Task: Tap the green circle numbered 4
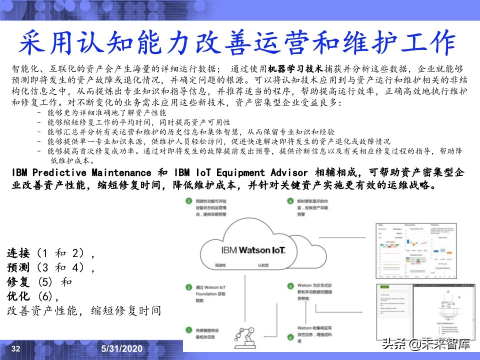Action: click(290, 201)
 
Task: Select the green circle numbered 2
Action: click(188, 288)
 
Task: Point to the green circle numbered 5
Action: click(290, 286)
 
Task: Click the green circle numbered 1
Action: click(188, 330)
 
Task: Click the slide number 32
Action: click(15, 348)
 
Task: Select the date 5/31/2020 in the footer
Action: click(122, 348)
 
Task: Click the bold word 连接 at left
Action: click(18, 253)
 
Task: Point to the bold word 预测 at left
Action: click(18, 267)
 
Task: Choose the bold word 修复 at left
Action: click(18, 281)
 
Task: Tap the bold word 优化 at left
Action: click(18, 295)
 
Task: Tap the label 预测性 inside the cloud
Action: click(220, 264)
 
